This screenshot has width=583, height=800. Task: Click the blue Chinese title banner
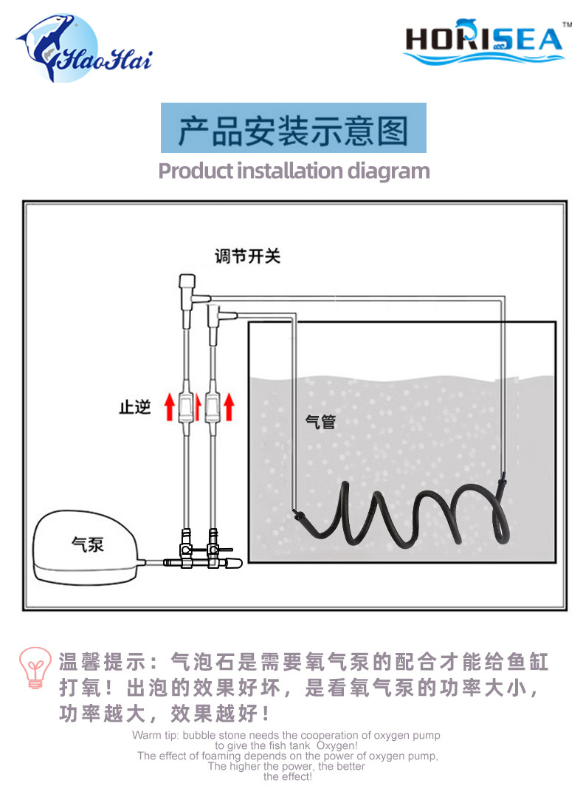coord(294,128)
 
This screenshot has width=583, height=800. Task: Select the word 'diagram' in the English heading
coord(388,171)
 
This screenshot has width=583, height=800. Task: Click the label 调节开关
coord(248,256)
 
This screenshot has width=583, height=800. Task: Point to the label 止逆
coord(135,407)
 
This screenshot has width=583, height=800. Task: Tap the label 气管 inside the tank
coord(320,422)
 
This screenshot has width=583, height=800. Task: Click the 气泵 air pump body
coord(85,547)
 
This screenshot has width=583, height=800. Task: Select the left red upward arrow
coord(170,406)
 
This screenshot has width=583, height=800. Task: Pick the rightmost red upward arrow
coord(230,406)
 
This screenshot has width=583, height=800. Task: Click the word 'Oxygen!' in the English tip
coord(337,745)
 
